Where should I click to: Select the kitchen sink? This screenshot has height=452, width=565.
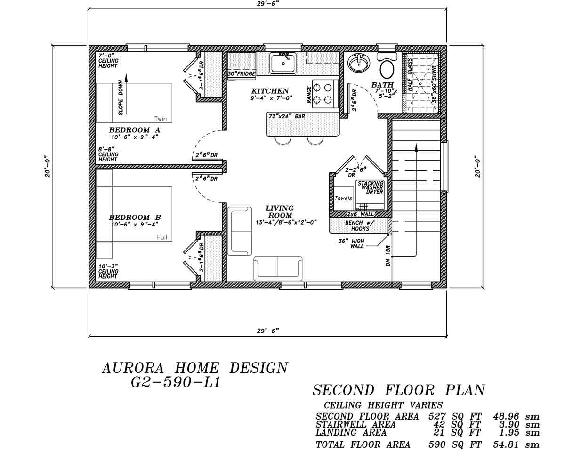click(283, 63)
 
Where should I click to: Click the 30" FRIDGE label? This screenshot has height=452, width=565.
click(242, 74)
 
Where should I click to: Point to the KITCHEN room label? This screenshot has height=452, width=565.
click(270, 91)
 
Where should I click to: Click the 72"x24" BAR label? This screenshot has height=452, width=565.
click(287, 116)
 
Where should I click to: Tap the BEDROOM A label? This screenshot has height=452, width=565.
click(129, 130)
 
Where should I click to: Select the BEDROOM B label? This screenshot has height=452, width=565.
click(135, 218)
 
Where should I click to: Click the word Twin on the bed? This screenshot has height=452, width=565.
click(160, 119)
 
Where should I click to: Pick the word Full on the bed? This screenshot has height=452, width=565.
click(162, 238)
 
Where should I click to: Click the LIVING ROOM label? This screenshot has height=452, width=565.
click(279, 211)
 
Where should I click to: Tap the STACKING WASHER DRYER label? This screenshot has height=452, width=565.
click(371, 187)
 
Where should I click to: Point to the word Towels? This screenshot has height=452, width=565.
click(343, 198)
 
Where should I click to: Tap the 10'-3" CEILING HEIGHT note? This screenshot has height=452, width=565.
click(108, 271)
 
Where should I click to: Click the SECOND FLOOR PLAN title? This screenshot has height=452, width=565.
click(398, 390)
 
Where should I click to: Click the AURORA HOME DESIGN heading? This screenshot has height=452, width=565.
click(195, 368)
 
